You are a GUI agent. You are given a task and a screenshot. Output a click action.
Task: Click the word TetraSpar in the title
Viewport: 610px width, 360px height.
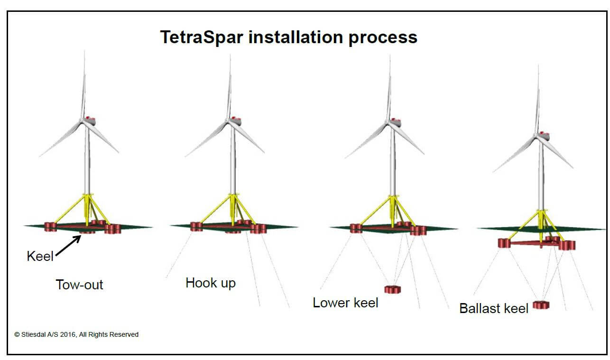201,37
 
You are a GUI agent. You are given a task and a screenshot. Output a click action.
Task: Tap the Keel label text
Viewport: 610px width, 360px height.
40,256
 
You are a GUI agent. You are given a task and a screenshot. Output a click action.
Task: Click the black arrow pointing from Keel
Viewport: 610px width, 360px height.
68,245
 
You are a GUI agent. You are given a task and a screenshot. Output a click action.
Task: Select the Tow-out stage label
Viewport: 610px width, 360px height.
79,285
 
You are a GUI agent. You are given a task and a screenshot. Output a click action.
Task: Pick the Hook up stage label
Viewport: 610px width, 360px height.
211,283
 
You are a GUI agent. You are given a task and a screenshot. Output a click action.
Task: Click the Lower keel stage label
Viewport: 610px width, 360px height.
345,303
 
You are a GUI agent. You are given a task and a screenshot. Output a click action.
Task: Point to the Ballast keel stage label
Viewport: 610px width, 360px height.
494,308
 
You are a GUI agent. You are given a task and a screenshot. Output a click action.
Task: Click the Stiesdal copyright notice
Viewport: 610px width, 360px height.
76,334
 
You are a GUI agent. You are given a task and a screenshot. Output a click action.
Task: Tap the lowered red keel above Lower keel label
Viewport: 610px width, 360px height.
393,289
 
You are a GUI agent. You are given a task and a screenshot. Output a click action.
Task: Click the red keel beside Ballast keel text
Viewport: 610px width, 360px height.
541,305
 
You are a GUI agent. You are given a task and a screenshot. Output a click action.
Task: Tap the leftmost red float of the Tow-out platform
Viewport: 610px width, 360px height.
50,227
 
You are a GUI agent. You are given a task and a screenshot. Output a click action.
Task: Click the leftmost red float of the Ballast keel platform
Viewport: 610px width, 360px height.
504,243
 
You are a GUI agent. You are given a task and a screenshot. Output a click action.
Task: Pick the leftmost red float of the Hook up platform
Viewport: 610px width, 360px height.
196,227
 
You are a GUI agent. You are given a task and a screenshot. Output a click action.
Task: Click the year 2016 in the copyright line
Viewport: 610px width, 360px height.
68,334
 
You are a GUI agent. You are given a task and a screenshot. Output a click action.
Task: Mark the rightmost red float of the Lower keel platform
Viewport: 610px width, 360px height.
418,231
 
